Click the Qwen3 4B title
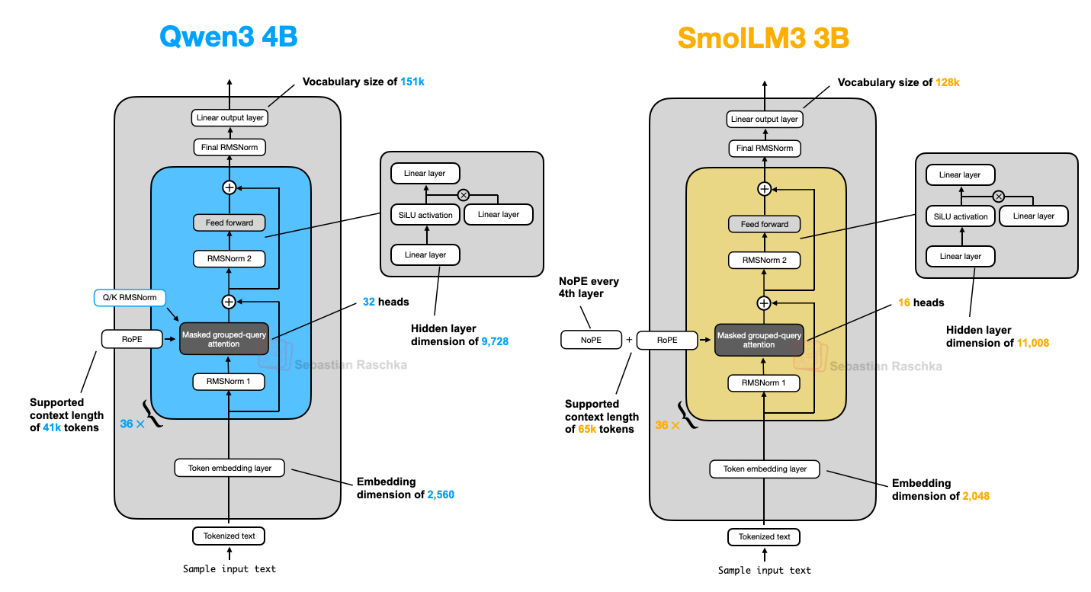(228, 37)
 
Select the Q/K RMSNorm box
(129, 298)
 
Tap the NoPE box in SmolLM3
(591, 340)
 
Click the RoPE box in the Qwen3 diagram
(132, 338)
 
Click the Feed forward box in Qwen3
(229, 223)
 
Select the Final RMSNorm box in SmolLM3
(764, 149)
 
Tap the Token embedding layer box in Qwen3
(229, 468)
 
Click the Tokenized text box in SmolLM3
(764, 537)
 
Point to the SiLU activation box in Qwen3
(425, 215)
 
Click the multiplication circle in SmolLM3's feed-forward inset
(998, 197)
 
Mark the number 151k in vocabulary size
(412, 82)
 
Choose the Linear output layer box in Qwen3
(229, 118)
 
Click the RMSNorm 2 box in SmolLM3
(764, 261)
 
